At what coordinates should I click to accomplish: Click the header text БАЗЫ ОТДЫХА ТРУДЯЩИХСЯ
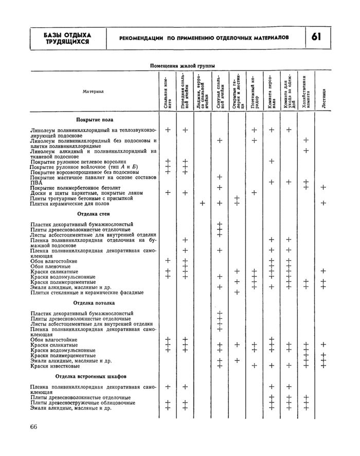[x=67, y=38]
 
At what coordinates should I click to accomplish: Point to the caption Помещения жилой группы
[x=182, y=66]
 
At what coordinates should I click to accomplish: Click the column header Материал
[x=93, y=92]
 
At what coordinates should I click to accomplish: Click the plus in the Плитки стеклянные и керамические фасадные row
[x=237, y=293]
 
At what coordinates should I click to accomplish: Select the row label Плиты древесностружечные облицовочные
[x=83, y=403]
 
